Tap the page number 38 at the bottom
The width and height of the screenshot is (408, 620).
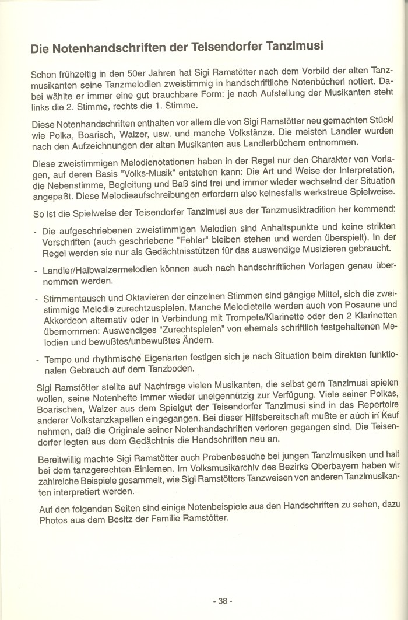223,601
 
